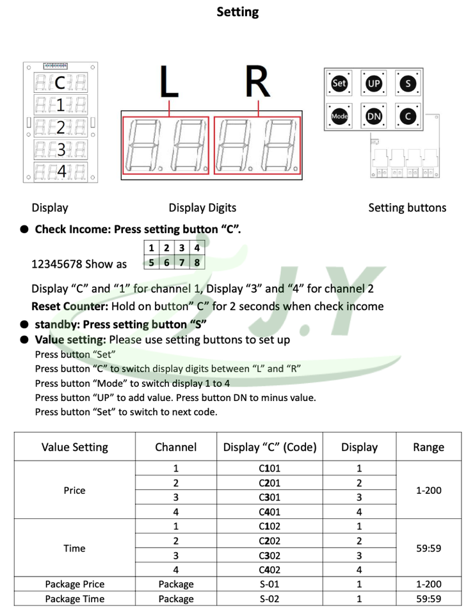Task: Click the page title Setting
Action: (x=237, y=12)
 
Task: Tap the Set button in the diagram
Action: (x=339, y=83)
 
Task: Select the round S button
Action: (x=408, y=83)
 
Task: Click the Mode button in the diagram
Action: (x=339, y=117)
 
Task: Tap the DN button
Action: (x=373, y=117)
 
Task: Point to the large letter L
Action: (x=169, y=83)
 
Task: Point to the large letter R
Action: (x=257, y=83)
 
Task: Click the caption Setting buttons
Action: (x=407, y=208)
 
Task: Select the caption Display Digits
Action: (x=202, y=208)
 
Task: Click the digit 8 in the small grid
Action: (x=198, y=262)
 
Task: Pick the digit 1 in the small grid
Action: (x=151, y=248)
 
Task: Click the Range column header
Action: (x=428, y=447)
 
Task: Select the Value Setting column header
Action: (x=75, y=447)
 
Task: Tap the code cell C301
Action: (x=270, y=498)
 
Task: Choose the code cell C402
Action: (x=270, y=570)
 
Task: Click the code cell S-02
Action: (x=270, y=599)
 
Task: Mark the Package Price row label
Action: (x=74, y=584)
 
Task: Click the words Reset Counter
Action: (x=68, y=306)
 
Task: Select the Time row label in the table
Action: (x=74, y=548)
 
